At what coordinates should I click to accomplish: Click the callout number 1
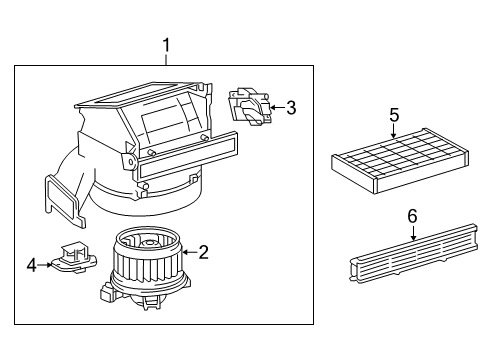(167, 44)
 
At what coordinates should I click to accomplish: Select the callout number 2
(203, 253)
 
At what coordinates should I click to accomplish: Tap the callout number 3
(291, 108)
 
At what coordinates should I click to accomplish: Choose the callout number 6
(412, 216)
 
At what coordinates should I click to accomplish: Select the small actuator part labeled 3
(249, 107)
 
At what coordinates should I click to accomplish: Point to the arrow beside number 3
(277, 108)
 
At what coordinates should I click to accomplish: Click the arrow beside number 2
(188, 254)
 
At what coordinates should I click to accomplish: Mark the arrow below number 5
(393, 129)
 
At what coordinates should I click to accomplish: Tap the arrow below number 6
(412, 234)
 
